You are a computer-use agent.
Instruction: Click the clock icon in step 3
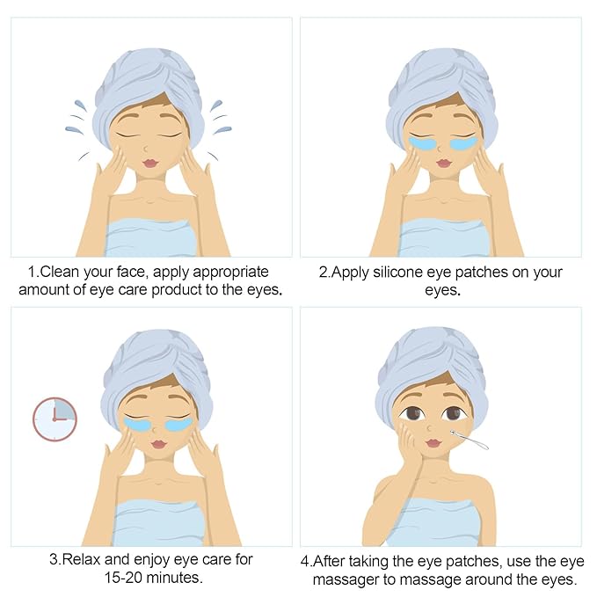tap(55, 419)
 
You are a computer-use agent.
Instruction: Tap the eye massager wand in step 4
tap(470, 440)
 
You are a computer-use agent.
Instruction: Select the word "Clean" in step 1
tap(60, 272)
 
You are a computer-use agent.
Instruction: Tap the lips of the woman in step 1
tap(150, 163)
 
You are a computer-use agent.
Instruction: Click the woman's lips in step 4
tap(433, 442)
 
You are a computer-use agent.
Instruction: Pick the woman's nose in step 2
tap(440, 148)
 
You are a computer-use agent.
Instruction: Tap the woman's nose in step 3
tap(154, 429)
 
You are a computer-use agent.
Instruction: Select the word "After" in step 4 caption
tap(329, 561)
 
